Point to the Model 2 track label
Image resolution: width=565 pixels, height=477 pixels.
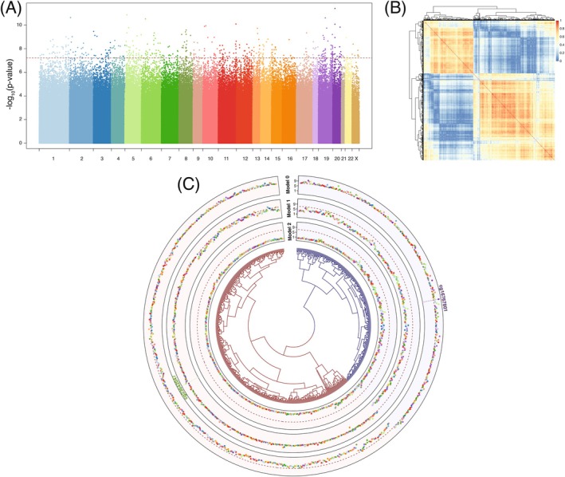[x=286, y=233]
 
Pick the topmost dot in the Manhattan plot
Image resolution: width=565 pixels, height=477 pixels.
[x=335, y=9]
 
